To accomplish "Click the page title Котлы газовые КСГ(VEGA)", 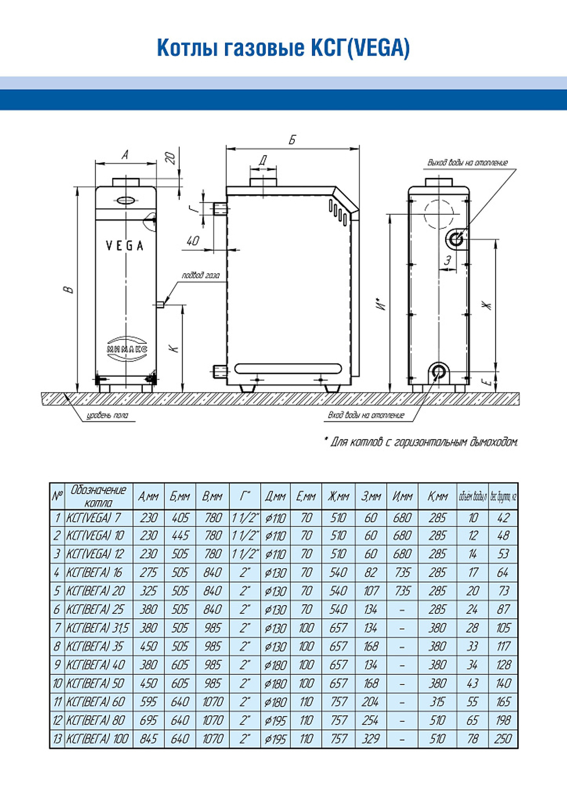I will [x=283, y=48].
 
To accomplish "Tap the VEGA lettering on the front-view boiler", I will [x=125, y=246].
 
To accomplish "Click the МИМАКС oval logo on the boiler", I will [x=126, y=348].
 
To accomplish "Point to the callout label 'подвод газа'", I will [x=200, y=275].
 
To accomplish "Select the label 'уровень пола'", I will [x=107, y=415].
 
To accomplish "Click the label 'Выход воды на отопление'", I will [x=467, y=163].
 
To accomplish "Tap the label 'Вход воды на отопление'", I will [x=366, y=415].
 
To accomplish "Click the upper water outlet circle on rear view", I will [x=456, y=239].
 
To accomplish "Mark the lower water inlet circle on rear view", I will [x=438, y=372].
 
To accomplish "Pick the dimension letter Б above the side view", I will [x=292, y=140].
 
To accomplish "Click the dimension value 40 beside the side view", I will [x=193, y=241].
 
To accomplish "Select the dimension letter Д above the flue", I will [x=263, y=160].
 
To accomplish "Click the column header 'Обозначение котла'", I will [x=98, y=496].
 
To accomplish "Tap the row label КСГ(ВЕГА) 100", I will [x=98, y=739].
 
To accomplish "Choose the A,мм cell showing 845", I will [x=149, y=739].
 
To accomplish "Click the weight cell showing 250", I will [x=503, y=739].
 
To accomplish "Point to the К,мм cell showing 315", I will [x=437, y=702].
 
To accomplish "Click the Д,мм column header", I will [x=275, y=496].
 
